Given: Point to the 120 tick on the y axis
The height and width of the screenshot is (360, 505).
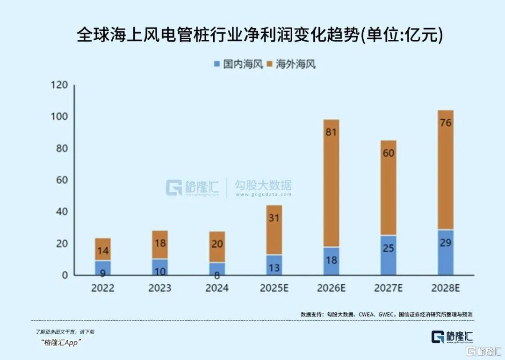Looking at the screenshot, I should (x=59, y=85).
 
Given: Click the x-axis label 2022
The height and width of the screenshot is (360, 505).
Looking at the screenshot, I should (x=103, y=288).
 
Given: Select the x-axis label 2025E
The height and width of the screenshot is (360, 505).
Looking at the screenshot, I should (x=274, y=288).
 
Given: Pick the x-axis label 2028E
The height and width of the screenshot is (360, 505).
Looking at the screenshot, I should (x=445, y=288).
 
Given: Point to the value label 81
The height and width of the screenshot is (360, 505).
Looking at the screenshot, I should (x=331, y=132).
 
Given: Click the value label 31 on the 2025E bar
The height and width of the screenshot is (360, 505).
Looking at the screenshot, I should (x=274, y=218).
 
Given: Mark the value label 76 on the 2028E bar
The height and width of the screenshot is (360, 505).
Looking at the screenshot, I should (x=445, y=123).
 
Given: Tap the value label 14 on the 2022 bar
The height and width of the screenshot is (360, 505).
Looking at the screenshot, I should (x=103, y=251).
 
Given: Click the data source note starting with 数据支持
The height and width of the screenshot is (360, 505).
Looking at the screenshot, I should (x=386, y=315).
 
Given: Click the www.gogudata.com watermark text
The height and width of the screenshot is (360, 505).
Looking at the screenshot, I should (x=263, y=194).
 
